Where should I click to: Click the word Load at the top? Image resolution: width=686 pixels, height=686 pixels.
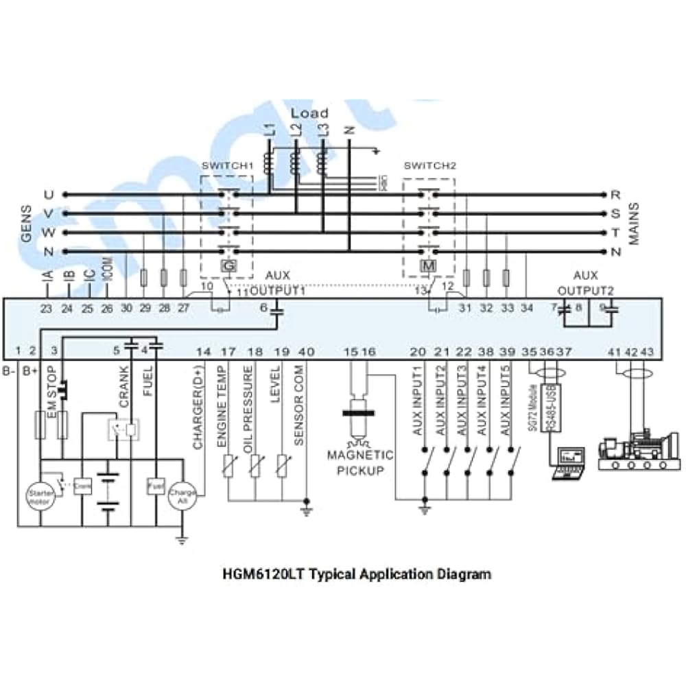point(309,113)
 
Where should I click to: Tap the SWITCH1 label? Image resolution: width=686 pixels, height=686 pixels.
point(227,166)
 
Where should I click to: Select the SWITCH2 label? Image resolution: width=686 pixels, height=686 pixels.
point(430,166)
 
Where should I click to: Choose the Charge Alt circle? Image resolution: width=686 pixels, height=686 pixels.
point(182,495)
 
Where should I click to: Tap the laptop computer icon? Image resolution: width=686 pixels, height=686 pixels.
point(569,462)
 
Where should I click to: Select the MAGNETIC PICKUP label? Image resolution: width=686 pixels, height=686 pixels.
point(359,462)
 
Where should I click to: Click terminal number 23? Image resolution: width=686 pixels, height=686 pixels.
point(46,309)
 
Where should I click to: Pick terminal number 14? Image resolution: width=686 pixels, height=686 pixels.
point(203,352)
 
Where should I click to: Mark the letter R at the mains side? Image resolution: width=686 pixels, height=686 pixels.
point(615,195)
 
